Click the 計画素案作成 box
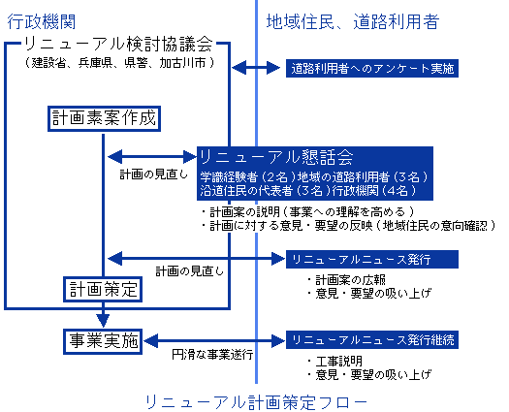[x=104, y=118]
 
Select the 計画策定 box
[x=103, y=289]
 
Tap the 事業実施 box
[x=103, y=341]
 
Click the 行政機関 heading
[x=42, y=21]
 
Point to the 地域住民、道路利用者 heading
[x=353, y=21]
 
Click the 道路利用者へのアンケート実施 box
[x=372, y=68]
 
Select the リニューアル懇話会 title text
[x=276, y=157]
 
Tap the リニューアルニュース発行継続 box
[x=372, y=340]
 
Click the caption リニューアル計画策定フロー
[x=256, y=402]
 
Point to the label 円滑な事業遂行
[x=212, y=354]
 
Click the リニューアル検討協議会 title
[x=119, y=44]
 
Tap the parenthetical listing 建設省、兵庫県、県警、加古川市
[x=119, y=62]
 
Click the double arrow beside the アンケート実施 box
[x=256, y=68]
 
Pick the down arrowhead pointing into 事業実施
[x=103, y=321]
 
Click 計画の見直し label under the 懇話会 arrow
[x=154, y=174]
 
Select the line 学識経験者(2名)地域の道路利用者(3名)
[x=314, y=177]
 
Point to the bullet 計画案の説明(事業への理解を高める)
[x=307, y=212]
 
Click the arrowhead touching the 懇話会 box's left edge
[x=190, y=157]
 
